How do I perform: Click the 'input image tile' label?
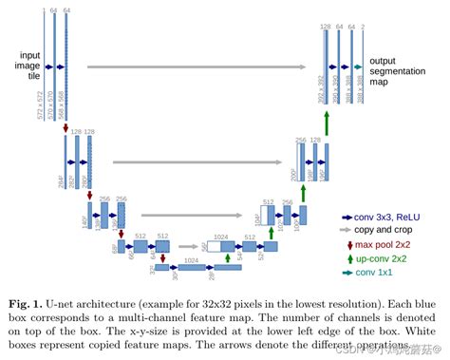[22, 66]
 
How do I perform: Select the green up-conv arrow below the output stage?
[326, 123]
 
